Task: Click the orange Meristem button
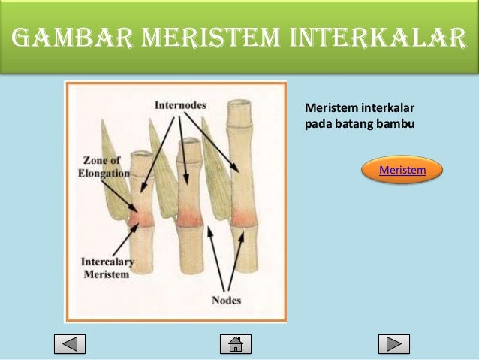pyautogui.click(x=402, y=170)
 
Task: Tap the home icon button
pyautogui.click(x=235, y=344)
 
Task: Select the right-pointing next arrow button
pyautogui.click(x=393, y=344)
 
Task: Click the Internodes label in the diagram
pyautogui.click(x=181, y=105)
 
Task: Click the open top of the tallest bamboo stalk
pyautogui.click(x=242, y=107)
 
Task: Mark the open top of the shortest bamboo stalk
pyautogui.click(x=143, y=156)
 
